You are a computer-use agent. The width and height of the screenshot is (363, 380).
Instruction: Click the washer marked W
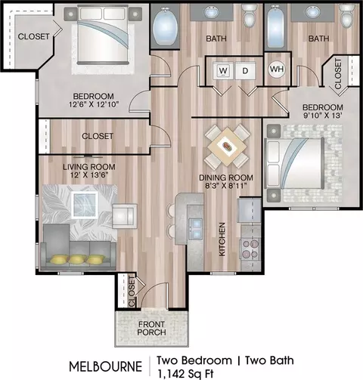[x=223, y=71]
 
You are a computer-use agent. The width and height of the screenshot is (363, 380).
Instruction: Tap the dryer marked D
[x=245, y=71]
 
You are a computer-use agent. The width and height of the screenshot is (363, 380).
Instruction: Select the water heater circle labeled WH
[x=277, y=69]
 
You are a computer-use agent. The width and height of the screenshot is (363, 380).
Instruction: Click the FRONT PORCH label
[x=151, y=328]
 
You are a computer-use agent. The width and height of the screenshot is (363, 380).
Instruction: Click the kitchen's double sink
[x=196, y=229]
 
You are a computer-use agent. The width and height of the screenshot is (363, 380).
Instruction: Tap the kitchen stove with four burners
[x=250, y=249]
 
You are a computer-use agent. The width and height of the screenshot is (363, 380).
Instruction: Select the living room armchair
[x=125, y=216]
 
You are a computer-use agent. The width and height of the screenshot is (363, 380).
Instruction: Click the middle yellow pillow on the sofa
[x=77, y=259]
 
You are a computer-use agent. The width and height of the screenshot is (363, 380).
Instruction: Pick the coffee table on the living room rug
[x=85, y=205]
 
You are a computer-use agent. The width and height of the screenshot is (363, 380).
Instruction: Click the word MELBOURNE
[x=106, y=366]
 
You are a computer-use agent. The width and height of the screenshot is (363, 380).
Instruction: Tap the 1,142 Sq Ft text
[x=185, y=374]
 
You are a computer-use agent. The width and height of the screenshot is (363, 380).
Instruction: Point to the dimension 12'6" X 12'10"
[x=94, y=104]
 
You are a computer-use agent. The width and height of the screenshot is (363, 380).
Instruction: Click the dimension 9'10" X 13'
[x=323, y=116]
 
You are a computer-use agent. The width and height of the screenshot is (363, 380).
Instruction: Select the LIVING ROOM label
[x=89, y=167]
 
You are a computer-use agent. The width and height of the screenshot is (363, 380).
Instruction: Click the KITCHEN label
[x=222, y=239]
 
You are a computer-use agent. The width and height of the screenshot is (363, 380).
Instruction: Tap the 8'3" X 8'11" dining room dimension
[x=225, y=186]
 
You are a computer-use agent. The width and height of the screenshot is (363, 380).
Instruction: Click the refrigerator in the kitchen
[x=250, y=211]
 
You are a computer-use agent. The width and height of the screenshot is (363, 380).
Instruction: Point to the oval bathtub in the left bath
[x=165, y=27]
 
